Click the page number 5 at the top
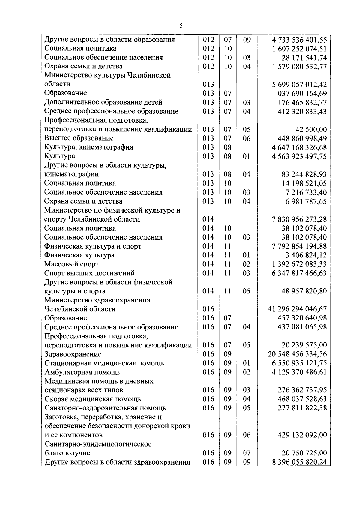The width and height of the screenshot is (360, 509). click(x=181, y=26)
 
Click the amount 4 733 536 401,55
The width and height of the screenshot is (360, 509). click(x=299, y=40)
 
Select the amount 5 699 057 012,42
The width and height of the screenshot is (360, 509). click(x=299, y=85)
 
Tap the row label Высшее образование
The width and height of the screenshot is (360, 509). click(x=79, y=138)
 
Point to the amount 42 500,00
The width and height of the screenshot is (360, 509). click(x=311, y=130)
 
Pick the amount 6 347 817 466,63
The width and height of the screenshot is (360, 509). click(x=299, y=273)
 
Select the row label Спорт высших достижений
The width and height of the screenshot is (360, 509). click(x=89, y=273)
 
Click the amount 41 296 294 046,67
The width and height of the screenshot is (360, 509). click(x=297, y=309)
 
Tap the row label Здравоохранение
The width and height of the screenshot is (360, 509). click(x=73, y=354)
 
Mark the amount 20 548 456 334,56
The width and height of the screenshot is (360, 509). click(x=297, y=354)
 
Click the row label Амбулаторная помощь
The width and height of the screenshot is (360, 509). click(x=82, y=372)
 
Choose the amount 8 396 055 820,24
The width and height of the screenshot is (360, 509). click(x=299, y=462)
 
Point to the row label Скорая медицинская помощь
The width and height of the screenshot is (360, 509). click(x=93, y=399)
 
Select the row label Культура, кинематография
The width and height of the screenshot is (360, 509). click(x=88, y=147)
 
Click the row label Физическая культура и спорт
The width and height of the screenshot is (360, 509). click(x=93, y=246)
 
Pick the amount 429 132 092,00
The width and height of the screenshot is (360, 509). click(x=302, y=435)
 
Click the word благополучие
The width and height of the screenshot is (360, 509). click(x=67, y=453)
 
